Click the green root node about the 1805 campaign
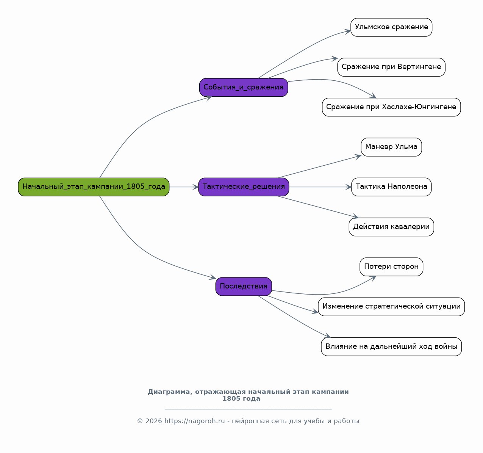pos(94,187)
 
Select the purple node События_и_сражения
pos(244,88)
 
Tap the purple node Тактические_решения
pos(244,187)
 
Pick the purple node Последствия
pos(244,287)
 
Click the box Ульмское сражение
pos(391,27)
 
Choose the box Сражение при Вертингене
pos(391,67)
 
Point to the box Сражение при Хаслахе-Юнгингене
pos(391,107)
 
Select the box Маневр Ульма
pos(391,147)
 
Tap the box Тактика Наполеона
pos(391,187)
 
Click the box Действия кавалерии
pos(391,227)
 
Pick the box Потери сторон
pos(391,267)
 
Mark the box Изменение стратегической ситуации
pos(391,307)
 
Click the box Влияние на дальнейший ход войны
pos(391,346)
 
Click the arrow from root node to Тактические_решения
pos(184,187)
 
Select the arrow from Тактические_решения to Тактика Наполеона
pos(320,187)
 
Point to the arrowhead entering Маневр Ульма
pos(358,157)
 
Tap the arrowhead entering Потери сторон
pos(373,278)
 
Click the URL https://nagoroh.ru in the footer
pos(195,421)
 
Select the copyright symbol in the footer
pos(140,421)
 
